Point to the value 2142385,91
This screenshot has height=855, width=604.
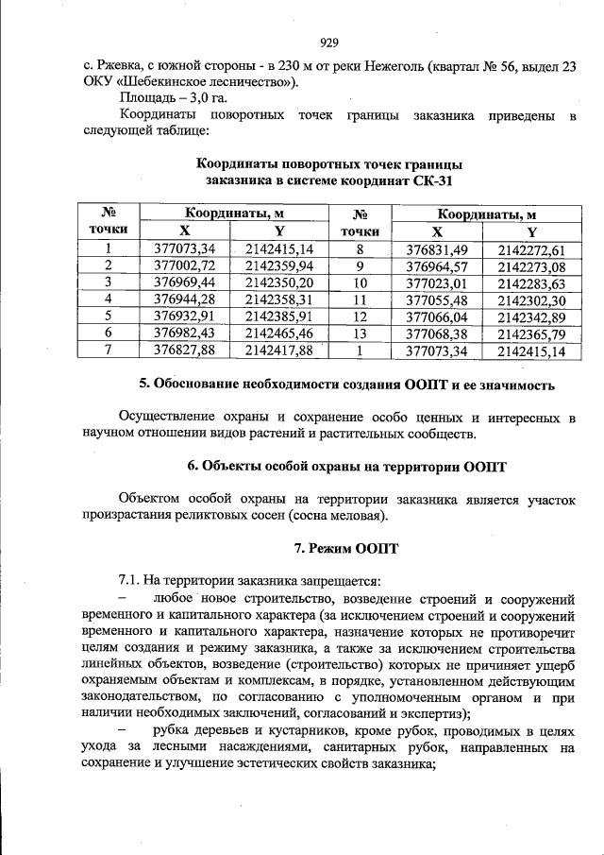coord(278,316)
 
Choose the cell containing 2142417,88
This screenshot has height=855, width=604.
coord(278,350)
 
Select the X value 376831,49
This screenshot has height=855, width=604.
coord(437,249)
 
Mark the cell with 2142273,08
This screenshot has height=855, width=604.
coord(531,265)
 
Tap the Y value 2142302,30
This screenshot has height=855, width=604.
coord(531,299)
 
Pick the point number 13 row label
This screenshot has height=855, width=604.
coord(359,333)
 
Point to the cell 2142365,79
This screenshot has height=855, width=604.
coord(531,333)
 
